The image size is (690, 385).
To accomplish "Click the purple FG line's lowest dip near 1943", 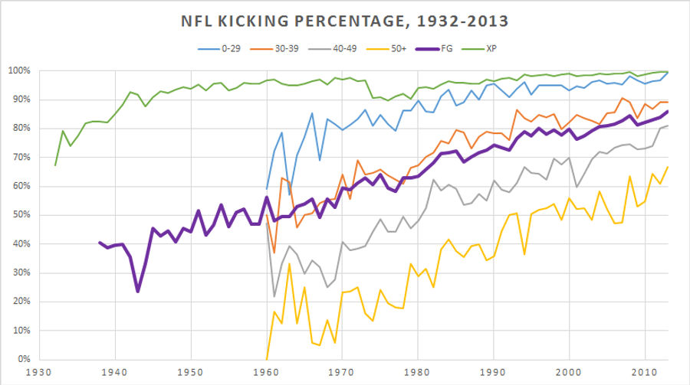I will (x=138, y=291).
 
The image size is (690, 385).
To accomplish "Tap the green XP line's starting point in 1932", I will (x=55, y=165).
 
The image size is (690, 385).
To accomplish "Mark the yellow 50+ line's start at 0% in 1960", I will (x=267, y=358).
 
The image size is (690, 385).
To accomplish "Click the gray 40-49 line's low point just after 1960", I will (x=274, y=296).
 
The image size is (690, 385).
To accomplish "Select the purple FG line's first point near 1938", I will (x=100, y=243).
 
